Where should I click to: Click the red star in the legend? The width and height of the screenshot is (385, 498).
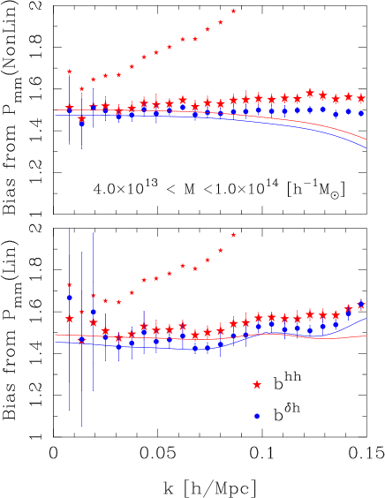coord(257,385)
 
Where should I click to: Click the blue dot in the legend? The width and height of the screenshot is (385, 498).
coord(257,416)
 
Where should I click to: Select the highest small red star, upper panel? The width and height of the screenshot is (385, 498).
coord(233,11)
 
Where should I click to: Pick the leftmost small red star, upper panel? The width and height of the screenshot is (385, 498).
coord(69,72)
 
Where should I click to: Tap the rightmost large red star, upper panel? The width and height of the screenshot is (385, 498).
coord(360,98)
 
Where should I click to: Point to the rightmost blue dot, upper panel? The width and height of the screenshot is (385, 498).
coord(360,113)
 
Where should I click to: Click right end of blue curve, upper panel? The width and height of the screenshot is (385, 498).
coord(366,147)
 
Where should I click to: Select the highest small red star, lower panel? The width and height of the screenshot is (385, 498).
coord(233,235)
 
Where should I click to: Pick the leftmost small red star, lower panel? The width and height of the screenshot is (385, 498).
coord(69,285)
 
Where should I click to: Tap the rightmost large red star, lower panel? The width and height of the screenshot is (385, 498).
coord(360,306)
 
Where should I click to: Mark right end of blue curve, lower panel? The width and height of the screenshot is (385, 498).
coord(366,318)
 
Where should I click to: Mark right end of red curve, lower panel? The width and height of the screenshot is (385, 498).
coord(366,336)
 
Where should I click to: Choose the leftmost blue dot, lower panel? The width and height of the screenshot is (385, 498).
coord(69,298)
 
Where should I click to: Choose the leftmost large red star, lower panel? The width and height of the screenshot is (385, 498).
coord(69,319)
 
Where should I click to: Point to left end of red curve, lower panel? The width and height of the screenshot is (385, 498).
coord(55,335)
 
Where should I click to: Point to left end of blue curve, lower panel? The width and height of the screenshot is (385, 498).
coord(55,343)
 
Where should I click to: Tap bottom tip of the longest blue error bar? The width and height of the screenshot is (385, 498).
coord(81,427)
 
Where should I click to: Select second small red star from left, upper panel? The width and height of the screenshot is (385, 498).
coord(81,89)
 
